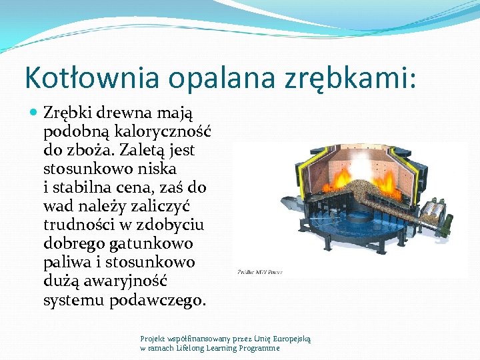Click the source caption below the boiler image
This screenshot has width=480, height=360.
[261, 272]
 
